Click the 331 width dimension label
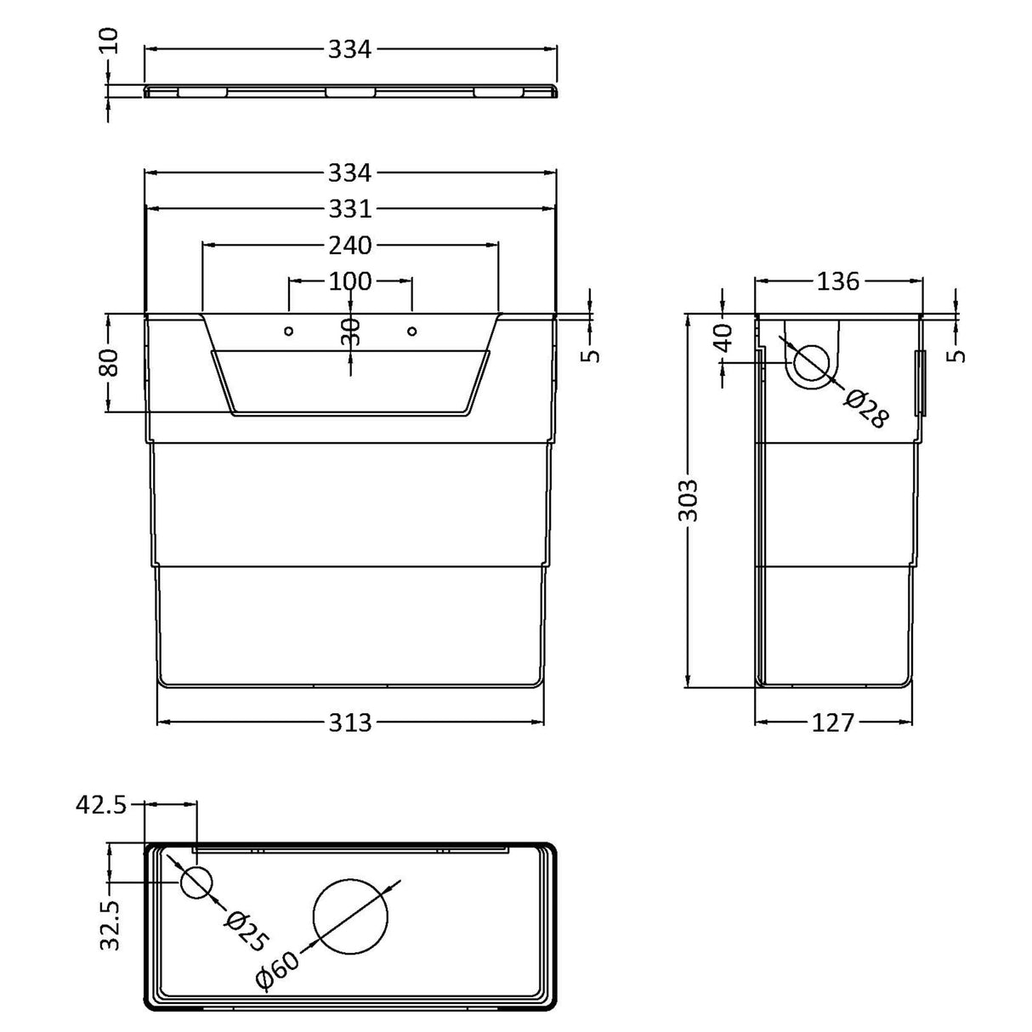(x=350, y=209)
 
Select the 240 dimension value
(x=350, y=245)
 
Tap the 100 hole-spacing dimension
(x=350, y=281)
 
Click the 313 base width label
(x=350, y=723)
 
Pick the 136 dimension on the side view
(x=837, y=281)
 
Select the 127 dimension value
(x=833, y=723)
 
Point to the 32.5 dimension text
(x=111, y=917)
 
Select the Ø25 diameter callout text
(x=247, y=930)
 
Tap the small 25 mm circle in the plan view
(x=196, y=882)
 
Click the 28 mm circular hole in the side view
(x=812, y=364)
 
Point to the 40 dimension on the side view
(x=723, y=339)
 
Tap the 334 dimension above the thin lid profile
(x=350, y=50)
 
